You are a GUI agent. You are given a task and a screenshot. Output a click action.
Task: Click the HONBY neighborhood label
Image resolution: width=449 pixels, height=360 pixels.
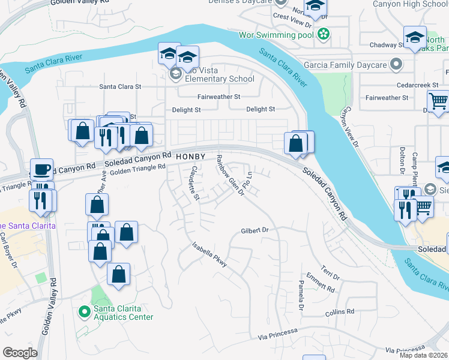pos(191,157)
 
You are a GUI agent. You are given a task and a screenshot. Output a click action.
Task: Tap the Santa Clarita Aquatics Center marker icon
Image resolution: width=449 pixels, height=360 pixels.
pos(85,311)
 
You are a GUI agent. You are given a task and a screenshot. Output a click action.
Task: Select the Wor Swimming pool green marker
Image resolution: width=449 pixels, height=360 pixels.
pos(324,34)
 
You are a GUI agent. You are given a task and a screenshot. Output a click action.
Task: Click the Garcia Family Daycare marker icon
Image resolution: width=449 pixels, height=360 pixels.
pos(396,64)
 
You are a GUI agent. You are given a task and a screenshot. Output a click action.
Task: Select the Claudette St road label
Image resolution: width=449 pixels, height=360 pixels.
pos(194,182)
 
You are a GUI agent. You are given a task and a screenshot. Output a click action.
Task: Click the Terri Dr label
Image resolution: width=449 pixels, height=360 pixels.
pos(330,273)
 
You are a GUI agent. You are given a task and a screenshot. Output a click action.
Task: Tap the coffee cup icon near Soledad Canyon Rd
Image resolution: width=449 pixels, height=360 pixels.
pos(41,169)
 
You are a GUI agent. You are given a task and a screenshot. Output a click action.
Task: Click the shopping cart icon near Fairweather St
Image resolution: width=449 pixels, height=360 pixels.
pos(439,101)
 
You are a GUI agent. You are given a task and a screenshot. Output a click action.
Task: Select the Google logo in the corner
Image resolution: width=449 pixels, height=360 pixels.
pos(20,353)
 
